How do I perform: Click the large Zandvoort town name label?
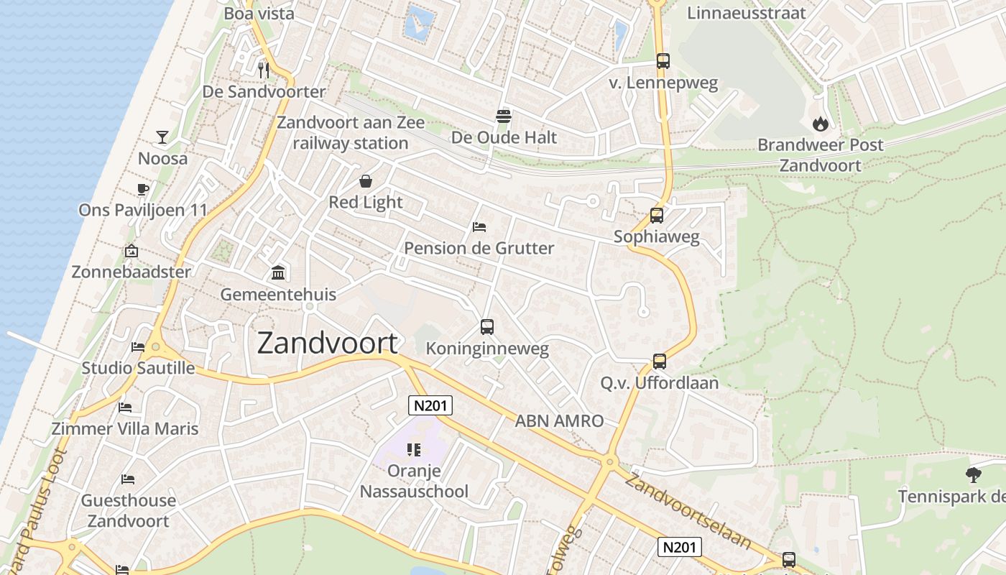pos(327,344)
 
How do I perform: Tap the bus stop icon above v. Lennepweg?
pos(663,61)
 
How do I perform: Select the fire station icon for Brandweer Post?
pos(820,124)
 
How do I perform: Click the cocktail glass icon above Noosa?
pos(162,137)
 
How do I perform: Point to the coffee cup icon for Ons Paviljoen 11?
pos(142,189)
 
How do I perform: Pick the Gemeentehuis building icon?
pos(278,273)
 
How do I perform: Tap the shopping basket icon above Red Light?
pos(365,181)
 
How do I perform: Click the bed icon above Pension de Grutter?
pos(479,227)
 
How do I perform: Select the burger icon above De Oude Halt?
pos(503,116)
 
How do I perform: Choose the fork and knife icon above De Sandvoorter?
pos(264,70)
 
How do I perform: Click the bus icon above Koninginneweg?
pos(486,327)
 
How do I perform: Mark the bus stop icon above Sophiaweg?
pos(656,215)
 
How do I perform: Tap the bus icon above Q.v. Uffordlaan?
pos(659,361)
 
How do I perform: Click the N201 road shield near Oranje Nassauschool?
pos(430,405)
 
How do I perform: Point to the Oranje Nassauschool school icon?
pos(413,450)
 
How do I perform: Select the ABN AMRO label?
pos(559,421)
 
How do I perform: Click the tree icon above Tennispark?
pos(974,475)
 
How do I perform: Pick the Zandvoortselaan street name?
pos(687,510)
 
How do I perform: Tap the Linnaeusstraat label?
pos(746,13)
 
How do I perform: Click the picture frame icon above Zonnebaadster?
pos(131,251)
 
